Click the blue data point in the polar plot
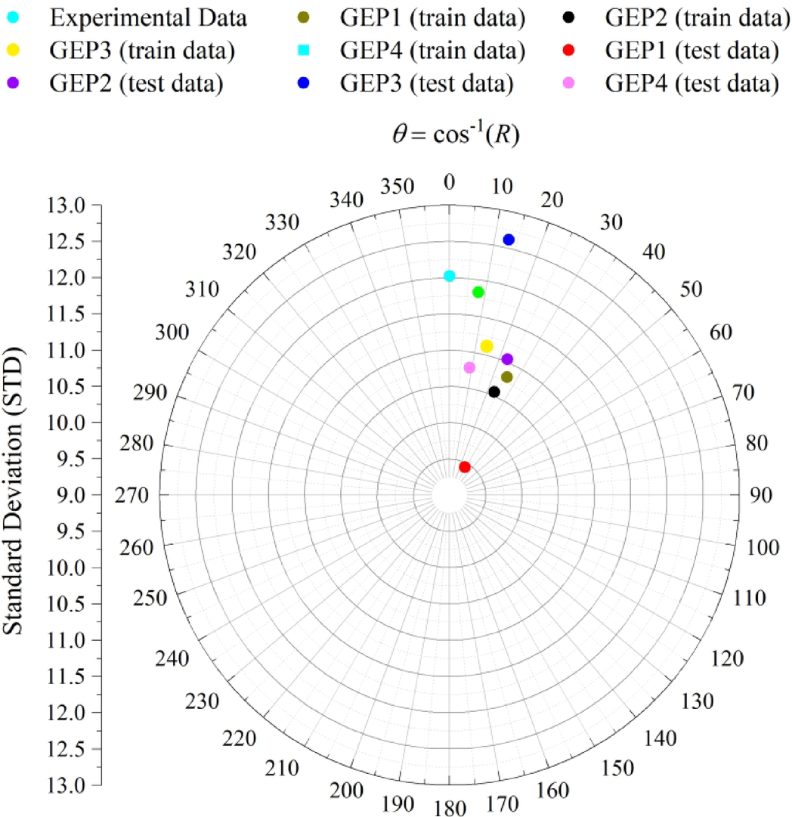[509, 240]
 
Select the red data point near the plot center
[465, 467]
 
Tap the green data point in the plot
[478, 292]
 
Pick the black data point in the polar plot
[494, 391]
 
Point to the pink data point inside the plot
[469, 367]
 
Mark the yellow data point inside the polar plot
[487, 346]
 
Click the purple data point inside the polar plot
[507, 359]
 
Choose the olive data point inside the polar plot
[507, 376]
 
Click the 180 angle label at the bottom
[450, 806]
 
